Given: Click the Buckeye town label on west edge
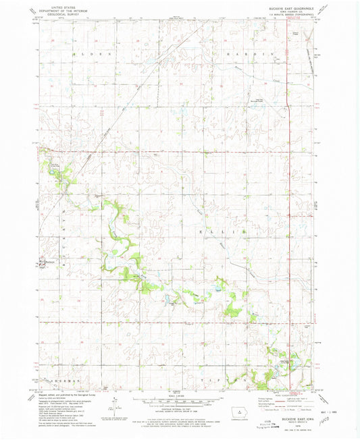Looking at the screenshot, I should (x=46, y=262).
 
